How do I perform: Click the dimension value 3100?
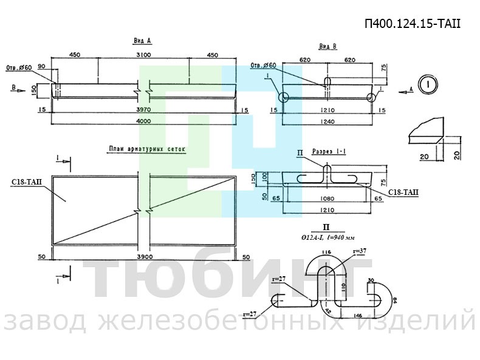coord(143,55)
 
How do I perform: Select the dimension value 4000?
coord(143,121)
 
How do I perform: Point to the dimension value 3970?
coord(143,110)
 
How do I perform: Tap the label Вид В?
coord(327,47)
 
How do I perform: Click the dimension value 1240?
coord(328,121)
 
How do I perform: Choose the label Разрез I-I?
coord(329,152)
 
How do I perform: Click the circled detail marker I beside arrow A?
coord(428,84)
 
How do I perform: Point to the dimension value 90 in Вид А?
coord(41,66)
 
